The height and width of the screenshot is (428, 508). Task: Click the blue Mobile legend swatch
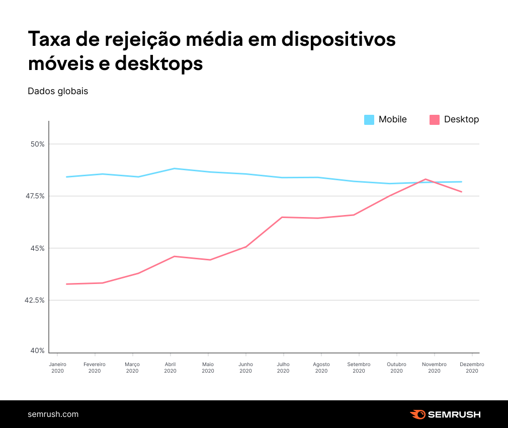pos(369,120)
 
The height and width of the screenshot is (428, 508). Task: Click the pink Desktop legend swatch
pos(435,120)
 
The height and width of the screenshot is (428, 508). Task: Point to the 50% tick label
pos(37,144)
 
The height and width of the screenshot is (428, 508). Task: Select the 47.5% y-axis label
pos(34,196)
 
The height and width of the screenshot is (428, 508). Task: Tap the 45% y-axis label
pos(37,248)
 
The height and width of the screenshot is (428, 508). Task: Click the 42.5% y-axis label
pos(34,300)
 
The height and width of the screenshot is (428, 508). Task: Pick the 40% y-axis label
pos(37,351)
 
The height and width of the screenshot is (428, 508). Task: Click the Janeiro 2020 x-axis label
pos(57,368)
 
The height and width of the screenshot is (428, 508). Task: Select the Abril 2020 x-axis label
pos(170,368)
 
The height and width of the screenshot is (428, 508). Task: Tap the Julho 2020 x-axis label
pos(283,368)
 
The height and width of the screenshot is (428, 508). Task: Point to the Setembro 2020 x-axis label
pos(359,368)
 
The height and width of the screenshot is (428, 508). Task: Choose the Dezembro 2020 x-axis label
pos(472,368)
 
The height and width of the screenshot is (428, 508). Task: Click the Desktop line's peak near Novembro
pos(426,179)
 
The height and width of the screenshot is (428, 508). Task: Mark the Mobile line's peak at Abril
pos(174,169)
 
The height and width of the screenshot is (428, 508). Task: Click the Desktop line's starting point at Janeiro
pos(66,284)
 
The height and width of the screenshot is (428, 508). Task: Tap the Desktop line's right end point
pos(461,191)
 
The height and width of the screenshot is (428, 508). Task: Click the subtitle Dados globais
pos(58,91)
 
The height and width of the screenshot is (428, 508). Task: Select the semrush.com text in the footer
pos(53,414)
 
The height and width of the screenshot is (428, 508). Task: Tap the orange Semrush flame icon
pos(417,414)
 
